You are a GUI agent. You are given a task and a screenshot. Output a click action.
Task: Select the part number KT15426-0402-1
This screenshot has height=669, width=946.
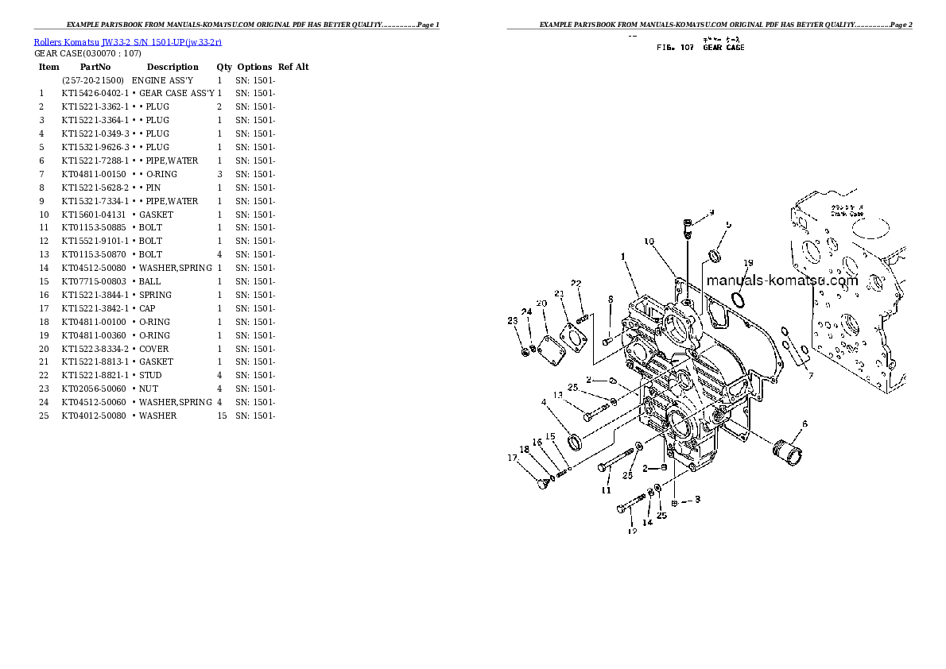coord(95,93)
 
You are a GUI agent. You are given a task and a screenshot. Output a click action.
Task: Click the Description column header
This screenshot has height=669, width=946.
coord(173,67)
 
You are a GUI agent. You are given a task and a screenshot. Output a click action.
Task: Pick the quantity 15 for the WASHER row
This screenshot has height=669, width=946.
coord(222,416)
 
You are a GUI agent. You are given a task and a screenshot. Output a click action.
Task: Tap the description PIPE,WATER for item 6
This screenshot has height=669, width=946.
coord(172,160)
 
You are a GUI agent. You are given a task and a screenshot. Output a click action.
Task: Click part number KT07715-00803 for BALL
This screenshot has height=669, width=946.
coord(94,281)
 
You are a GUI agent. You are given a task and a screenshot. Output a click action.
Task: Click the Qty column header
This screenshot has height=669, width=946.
coord(224,67)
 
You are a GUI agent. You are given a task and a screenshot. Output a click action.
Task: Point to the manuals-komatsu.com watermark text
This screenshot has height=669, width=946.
coord(781,280)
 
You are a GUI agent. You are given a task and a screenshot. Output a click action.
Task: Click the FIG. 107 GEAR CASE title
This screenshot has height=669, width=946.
coord(700,48)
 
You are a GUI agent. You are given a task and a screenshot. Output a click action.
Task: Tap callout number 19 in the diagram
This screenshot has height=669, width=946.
coord(747,263)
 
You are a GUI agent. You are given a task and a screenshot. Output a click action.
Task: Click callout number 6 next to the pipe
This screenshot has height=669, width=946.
coord(804,424)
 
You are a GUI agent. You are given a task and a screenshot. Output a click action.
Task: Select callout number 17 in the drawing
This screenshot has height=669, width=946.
coord(513,457)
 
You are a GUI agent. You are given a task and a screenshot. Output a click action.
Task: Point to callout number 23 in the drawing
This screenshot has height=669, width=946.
coord(513,320)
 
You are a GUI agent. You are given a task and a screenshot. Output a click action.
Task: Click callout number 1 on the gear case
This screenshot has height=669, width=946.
coord(624,256)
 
